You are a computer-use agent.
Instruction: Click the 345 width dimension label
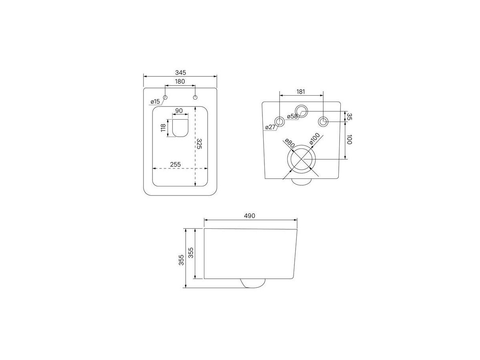pyautogui.click(x=180, y=72)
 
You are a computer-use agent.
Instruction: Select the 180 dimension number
pyautogui.click(x=180, y=81)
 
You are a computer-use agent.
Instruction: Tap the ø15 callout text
pyautogui.click(x=155, y=102)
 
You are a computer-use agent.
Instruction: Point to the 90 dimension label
pyautogui.click(x=179, y=111)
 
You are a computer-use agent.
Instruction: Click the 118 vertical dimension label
pyautogui.click(x=163, y=128)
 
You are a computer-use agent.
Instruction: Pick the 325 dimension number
pyautogui.click(x=199, y=144)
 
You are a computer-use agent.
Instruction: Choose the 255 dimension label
pyautogui.click(x=175, y=164)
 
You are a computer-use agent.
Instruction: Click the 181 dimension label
pyautogui.click(x=301, y=92)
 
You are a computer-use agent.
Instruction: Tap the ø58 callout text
pyautogui.click(x=292, y=116)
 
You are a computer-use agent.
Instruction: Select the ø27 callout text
pyautogui.click(x=270, y=127)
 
